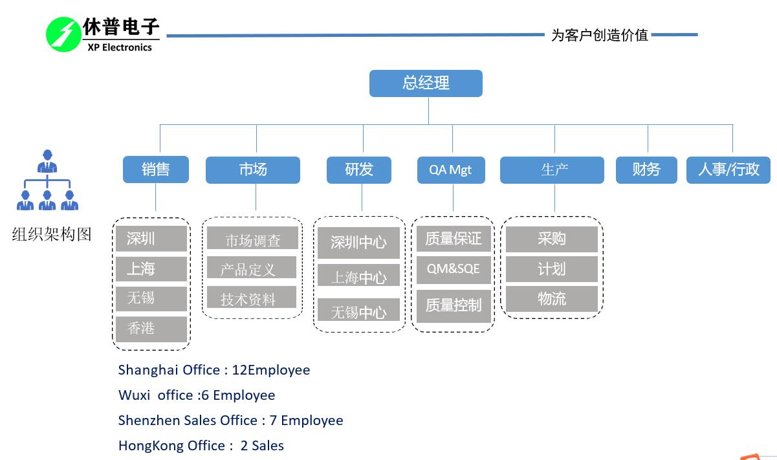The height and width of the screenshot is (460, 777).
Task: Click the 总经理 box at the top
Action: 426,83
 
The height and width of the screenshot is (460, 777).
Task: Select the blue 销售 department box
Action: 156,170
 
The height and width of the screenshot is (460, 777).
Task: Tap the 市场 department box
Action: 252,170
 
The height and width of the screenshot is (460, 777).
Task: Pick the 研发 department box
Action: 359,170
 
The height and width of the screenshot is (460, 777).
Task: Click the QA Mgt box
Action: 451,170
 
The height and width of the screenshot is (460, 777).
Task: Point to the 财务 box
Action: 646,170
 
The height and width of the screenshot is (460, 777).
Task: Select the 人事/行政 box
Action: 728,170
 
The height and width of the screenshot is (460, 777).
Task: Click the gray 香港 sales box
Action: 151,329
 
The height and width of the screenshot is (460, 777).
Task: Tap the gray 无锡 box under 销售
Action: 151,298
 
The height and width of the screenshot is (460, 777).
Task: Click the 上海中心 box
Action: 358,278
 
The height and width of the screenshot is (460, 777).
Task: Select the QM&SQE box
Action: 453,268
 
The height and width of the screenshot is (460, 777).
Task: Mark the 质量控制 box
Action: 453,305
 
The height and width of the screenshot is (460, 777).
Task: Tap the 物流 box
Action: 551,299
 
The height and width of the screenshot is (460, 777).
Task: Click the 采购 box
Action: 551,239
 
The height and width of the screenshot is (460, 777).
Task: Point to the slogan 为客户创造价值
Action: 599,35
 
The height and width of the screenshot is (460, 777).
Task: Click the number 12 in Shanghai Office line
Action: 239,370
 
